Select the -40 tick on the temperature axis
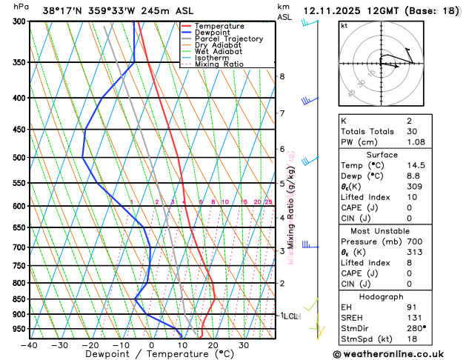tap(29, 345)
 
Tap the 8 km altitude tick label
tap(282, 76)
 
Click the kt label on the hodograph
tap(344, 26)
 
